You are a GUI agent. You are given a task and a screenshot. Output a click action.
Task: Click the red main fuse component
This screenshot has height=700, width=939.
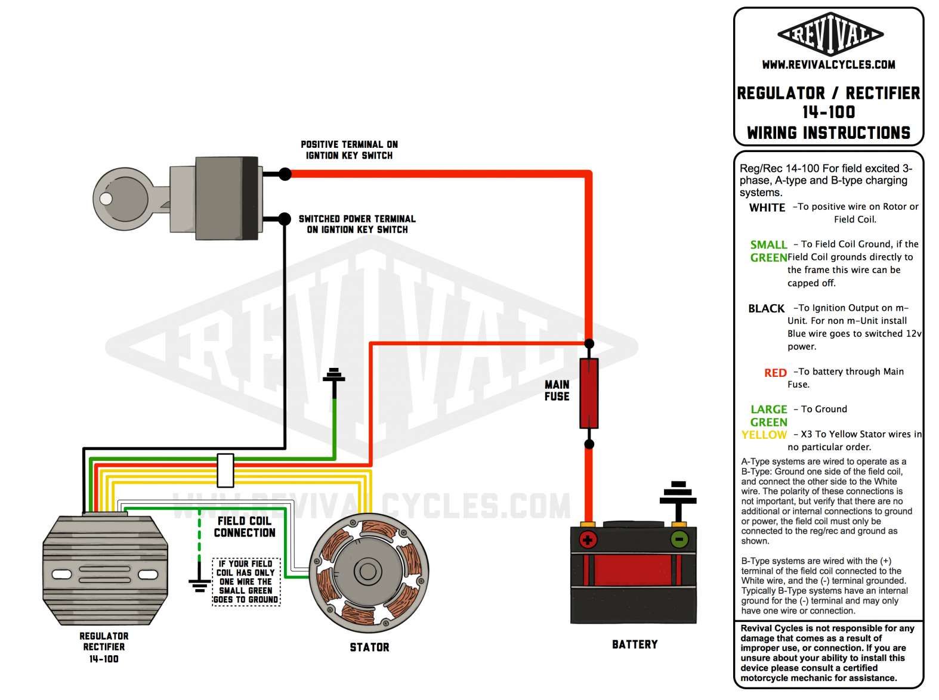click(589, 394)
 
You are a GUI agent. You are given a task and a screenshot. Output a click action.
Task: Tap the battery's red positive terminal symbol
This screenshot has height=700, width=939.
click(588, 540)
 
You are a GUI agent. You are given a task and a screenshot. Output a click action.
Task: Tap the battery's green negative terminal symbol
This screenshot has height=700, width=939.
click(679, 540)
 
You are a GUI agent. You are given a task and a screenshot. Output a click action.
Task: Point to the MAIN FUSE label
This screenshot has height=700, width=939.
click(557, 391)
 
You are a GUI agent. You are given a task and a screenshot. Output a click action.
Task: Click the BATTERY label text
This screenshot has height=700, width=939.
click(635, 645)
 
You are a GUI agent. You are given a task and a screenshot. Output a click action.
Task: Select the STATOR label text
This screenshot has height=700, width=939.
click(369, 647)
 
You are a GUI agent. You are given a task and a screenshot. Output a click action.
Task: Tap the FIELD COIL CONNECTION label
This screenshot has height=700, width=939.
click(245, 527)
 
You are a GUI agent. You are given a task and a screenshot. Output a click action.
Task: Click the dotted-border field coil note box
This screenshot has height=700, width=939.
click(246, 581)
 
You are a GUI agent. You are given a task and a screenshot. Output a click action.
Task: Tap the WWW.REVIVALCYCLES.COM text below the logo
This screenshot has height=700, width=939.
click(829, 64)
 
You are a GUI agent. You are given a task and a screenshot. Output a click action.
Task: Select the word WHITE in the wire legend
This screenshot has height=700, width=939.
click(767, 207)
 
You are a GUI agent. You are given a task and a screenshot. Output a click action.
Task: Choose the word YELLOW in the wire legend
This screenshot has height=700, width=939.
click(764, 435)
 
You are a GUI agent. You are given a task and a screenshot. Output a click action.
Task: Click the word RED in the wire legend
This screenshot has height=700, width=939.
click(776, 373)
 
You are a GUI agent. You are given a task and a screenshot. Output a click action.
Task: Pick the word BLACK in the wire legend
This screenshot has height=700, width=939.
click(767, 308)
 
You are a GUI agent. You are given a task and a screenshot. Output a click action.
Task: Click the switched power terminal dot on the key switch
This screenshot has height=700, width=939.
click(285, 219)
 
